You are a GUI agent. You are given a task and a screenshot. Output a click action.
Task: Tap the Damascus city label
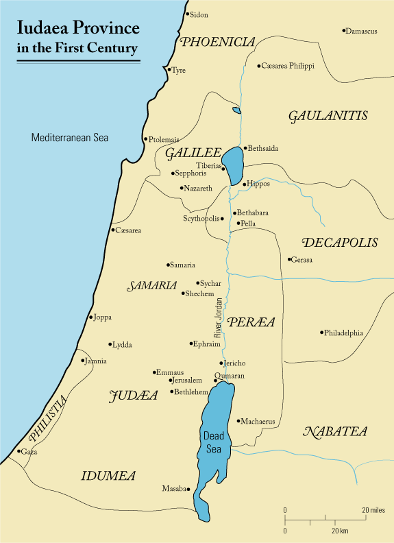click(x=362, y=32)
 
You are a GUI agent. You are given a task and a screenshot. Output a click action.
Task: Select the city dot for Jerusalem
click(x=170, y=380)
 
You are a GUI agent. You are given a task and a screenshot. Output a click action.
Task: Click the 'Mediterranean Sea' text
click(x=70, y=138)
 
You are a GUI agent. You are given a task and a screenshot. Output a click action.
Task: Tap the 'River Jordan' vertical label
click(x=219, y=319)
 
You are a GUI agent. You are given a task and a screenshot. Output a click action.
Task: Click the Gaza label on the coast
click(x=29, y=452)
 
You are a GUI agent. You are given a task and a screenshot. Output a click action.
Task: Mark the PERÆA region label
click(x=251, y=322)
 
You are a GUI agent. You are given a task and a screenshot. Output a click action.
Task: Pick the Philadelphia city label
click(x=344, y=333)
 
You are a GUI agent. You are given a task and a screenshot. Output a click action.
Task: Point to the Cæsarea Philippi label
click(x=282, y=66)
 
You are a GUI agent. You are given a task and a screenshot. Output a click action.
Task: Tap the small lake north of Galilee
click(x=236, y=110)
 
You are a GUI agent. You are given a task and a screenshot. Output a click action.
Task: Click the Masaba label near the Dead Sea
click(x=174, y=489)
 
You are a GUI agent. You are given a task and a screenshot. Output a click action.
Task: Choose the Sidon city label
click(x=199, y=14)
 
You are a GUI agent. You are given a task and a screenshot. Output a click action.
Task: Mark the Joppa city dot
click(x=90, y=317)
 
